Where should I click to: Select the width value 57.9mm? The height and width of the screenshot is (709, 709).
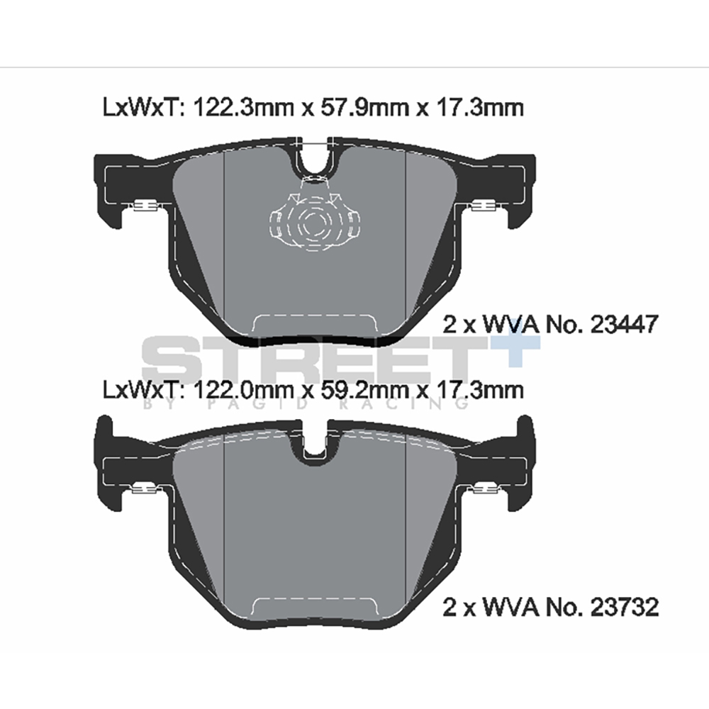tap(364, 108)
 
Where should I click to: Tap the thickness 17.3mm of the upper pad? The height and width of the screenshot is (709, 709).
tap(479, 108)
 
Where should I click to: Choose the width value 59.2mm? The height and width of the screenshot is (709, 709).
tap(364, 390)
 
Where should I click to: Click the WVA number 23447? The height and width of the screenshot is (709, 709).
tap(625, 324)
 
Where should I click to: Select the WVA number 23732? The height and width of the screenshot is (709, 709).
tap(625, 607)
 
